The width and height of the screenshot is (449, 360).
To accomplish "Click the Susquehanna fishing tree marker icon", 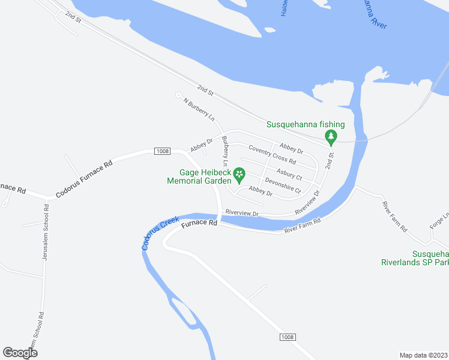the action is click(x=330, y=137).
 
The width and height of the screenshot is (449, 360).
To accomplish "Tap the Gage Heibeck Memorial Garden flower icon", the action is click(x=240, y=175).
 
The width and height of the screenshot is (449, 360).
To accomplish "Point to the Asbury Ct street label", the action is click(x=289, y=174).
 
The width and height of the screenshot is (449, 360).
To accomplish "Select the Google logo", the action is click(x=20, y=352).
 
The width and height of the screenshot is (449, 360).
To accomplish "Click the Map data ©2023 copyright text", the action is click(x=423, y=355).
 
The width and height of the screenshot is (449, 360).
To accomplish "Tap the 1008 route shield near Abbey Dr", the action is click(x=161, y=151).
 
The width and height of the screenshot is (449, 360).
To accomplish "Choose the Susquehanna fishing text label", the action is click(x=306, y=124).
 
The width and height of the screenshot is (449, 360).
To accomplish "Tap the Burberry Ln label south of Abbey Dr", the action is click(x=226, y=151).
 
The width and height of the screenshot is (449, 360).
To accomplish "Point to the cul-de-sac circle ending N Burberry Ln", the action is click(x=178, y=95).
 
